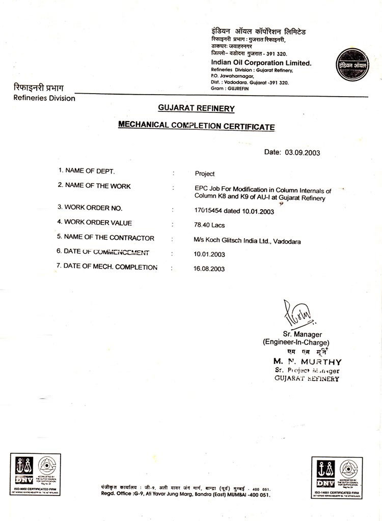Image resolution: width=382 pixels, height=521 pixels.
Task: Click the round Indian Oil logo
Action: tap(351, 65)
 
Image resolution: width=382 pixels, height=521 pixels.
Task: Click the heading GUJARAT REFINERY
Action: tap(196, 108)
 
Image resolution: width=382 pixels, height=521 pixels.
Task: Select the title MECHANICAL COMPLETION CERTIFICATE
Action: tap(197, 126)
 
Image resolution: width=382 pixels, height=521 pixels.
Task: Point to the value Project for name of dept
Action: tap(205, 173)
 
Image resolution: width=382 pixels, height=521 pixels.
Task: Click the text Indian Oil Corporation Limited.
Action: tap(261, 63)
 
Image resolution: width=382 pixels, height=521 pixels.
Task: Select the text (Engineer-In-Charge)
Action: tap(295, 342)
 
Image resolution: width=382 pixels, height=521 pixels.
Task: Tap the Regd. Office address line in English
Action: tap(186, 494)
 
